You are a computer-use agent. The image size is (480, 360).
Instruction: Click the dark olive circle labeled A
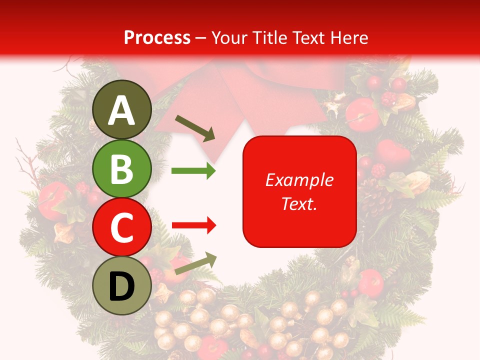click(122, 109)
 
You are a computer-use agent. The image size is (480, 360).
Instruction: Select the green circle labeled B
click(122, 168)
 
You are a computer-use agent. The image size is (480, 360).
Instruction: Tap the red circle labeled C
click(122, 227)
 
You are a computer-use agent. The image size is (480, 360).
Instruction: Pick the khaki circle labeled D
click(122, 285)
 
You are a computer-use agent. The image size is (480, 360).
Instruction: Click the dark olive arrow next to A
click(195, 128)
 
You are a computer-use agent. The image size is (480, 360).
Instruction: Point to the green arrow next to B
click(193, 171)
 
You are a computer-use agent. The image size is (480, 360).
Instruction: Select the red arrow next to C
click(193, 226)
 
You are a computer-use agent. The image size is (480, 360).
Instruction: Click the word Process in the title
click(157, 38)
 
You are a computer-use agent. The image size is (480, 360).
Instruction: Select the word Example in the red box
click(299, 180)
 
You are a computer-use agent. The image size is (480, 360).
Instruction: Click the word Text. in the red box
click(299, 203)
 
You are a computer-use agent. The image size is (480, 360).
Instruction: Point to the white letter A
click(122, 110)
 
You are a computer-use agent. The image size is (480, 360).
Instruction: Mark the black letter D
click(122, 287)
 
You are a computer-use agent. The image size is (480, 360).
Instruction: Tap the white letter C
click(122, 227)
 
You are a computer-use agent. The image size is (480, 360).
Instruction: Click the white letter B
click(122, 169)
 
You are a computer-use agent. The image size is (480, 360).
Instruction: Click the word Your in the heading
click(228, 38)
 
